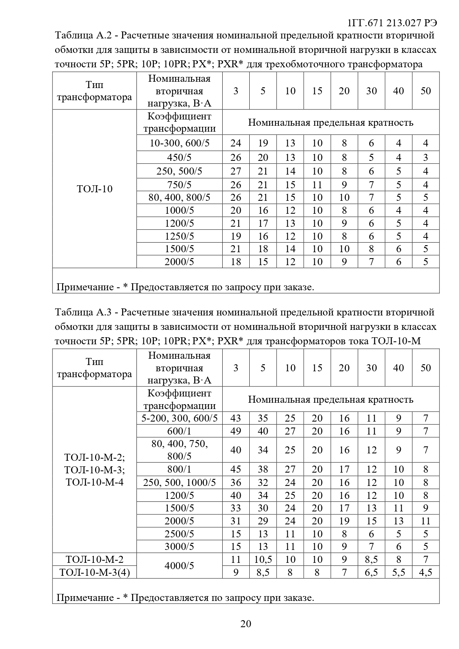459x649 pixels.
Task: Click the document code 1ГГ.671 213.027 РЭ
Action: point(392,23)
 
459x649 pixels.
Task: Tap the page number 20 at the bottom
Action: point(246,624)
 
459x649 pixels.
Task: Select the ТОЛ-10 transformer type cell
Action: point(94,189)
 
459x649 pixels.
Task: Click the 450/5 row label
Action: point(179,158)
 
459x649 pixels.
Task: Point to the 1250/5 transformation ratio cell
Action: point(179,236)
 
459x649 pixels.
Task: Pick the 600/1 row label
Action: point(179,431)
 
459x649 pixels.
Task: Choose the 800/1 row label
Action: point(179,469)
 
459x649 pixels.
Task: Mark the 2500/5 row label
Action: point(179,534)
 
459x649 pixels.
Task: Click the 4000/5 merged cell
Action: point(179,566)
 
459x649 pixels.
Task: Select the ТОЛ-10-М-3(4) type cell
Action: point(94,572)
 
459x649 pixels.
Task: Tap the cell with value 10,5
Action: point(263,560)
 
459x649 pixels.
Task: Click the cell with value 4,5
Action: point(426,572)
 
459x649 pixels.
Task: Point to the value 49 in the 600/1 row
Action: point(236,431)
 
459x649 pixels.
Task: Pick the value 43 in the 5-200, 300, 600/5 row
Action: point(236,418)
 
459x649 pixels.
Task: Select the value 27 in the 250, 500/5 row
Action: point(236,171)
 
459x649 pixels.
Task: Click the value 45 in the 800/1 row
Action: point(236,469)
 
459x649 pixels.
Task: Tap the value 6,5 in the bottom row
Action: point(371,572)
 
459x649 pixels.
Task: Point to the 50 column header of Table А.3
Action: point(426,368)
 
